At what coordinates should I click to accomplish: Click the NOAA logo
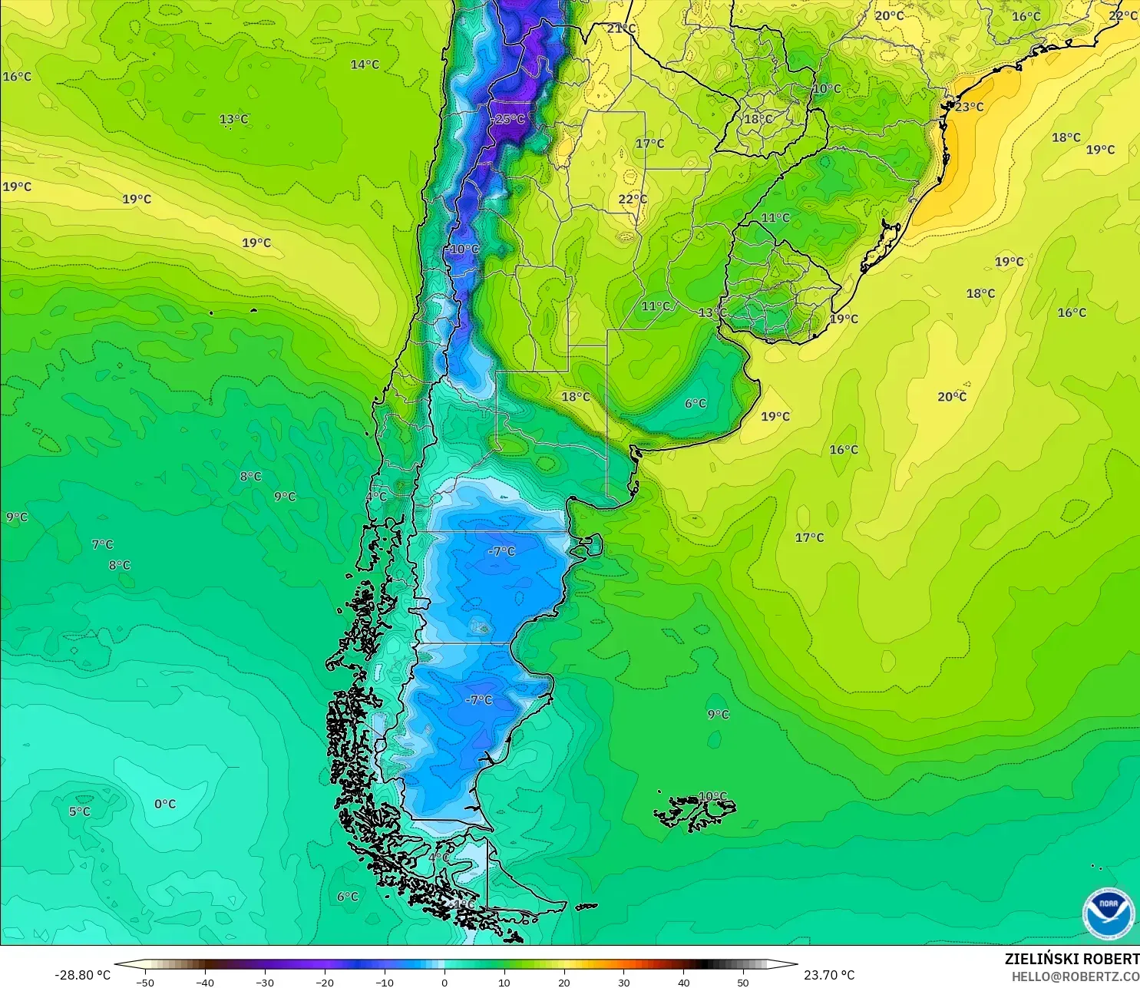tap(1109, 914)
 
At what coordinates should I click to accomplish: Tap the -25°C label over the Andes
tap(510, 119)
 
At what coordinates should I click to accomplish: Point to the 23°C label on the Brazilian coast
tap(969, 107)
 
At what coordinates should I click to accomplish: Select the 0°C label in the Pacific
tap(165, 804)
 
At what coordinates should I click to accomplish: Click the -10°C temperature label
tap(464, 249)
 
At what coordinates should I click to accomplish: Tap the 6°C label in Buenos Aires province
tap(696, 403)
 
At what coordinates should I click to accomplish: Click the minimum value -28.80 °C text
tap(82, 975)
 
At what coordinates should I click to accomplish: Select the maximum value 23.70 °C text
tap(829, 975)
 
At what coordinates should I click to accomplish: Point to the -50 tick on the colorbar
tap(144, 983)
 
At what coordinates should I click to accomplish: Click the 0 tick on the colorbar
tap(444, 983)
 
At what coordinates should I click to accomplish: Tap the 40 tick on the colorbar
tap(683, 983)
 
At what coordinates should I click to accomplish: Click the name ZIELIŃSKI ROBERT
tap(1072, 959)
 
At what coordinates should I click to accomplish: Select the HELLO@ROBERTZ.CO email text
tap(1075, 976)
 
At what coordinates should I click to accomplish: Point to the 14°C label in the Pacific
tap(365, 64)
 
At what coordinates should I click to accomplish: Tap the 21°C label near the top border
tap(621, 28)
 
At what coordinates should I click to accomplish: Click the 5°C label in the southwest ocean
tap(79, 811)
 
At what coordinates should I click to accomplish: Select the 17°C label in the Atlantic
tap(809, 537)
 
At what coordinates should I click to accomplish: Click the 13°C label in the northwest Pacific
tap(233, 119)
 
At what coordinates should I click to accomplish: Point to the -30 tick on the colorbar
tap(264, 983)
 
